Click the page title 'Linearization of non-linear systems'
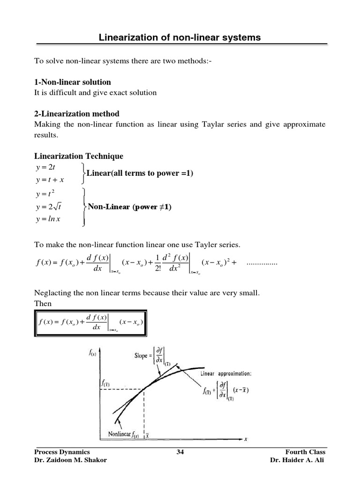180,37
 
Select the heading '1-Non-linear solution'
73,82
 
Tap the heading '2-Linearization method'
77,113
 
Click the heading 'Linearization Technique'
79,156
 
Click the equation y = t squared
46,194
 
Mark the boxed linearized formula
90,322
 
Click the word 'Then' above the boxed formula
43,303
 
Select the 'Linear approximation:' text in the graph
226,374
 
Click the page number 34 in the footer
180,451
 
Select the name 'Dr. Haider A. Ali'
298,460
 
